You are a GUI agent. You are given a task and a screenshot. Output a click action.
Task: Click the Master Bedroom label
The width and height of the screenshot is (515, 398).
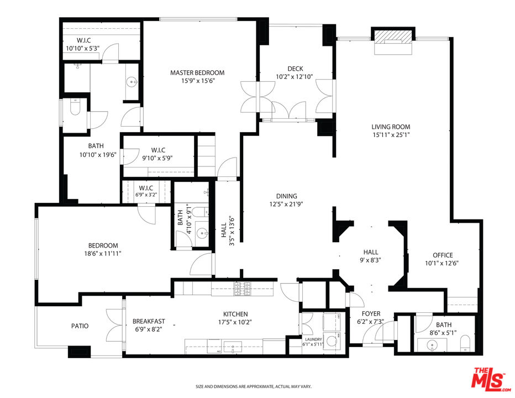point(197,72)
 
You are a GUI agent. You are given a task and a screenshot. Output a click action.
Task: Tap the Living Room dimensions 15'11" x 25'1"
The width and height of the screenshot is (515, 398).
point(391,134)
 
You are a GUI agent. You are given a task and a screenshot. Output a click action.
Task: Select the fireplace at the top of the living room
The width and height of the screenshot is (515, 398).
point(393,42)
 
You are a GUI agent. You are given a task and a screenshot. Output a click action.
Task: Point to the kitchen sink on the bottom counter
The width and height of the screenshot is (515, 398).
point(233,347)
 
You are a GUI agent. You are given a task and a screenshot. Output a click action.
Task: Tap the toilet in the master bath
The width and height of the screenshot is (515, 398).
point(75,108)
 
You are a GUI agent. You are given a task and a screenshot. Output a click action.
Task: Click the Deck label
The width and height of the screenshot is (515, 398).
point(295,69)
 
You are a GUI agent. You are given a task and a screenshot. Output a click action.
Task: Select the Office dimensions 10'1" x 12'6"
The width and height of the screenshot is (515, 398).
point(442,263)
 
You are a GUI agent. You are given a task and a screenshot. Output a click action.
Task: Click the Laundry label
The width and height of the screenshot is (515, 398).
point(313,339)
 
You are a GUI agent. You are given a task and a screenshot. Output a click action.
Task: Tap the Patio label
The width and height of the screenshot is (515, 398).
point(80,326)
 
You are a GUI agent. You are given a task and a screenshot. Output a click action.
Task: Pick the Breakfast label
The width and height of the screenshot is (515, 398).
point(149,321)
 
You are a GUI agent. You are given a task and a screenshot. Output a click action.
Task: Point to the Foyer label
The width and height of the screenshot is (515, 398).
point(371,314)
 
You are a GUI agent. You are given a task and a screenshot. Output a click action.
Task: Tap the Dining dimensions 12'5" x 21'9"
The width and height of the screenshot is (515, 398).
point(286,204)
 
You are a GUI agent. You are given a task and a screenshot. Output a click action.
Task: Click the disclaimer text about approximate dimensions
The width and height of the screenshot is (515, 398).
point(254,387)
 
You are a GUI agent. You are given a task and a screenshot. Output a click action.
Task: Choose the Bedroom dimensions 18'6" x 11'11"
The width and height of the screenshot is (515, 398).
point(103,253)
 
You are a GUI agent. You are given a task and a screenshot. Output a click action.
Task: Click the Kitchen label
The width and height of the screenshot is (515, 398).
point(235,314)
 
